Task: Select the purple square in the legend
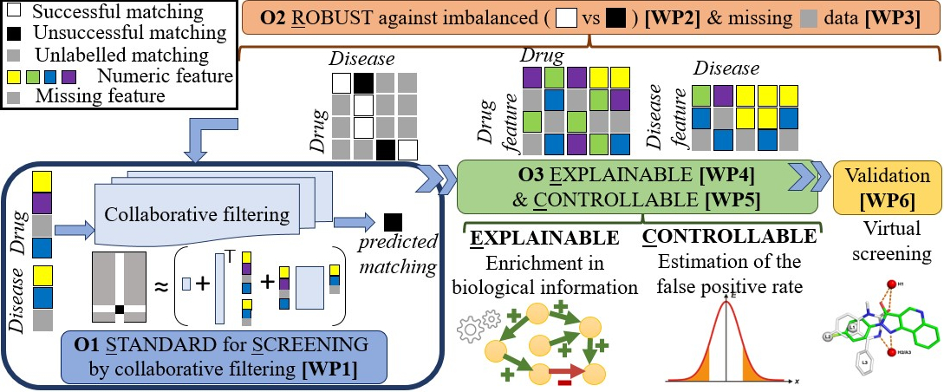click(x=79, y=76)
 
